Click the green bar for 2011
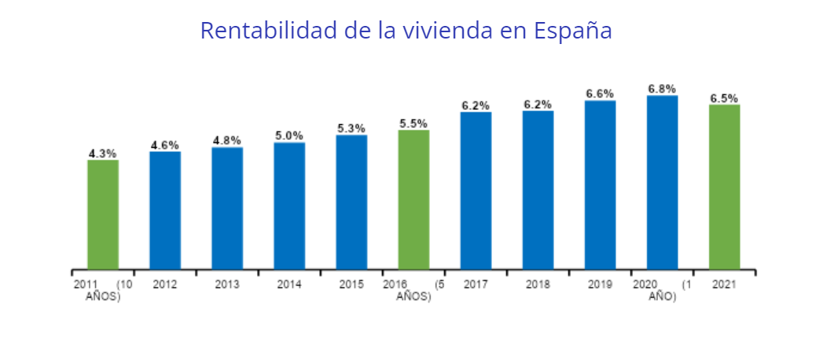[103, 215]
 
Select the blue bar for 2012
[165, 210]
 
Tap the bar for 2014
[289, 206]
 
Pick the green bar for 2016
[413, 200]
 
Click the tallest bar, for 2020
[662, 182]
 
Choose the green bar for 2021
[724, 187]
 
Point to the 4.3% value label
[103, 154]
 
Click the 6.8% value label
[662, 89]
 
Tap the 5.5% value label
[413, 123]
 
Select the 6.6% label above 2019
[600, 94]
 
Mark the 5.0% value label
[289, 136]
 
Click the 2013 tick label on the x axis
[227, 285]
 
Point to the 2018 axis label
[538, 285]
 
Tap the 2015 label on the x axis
[351, 285]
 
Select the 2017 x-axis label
[476, 285]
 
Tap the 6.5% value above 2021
[724, 98]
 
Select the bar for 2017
[476, 191]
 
